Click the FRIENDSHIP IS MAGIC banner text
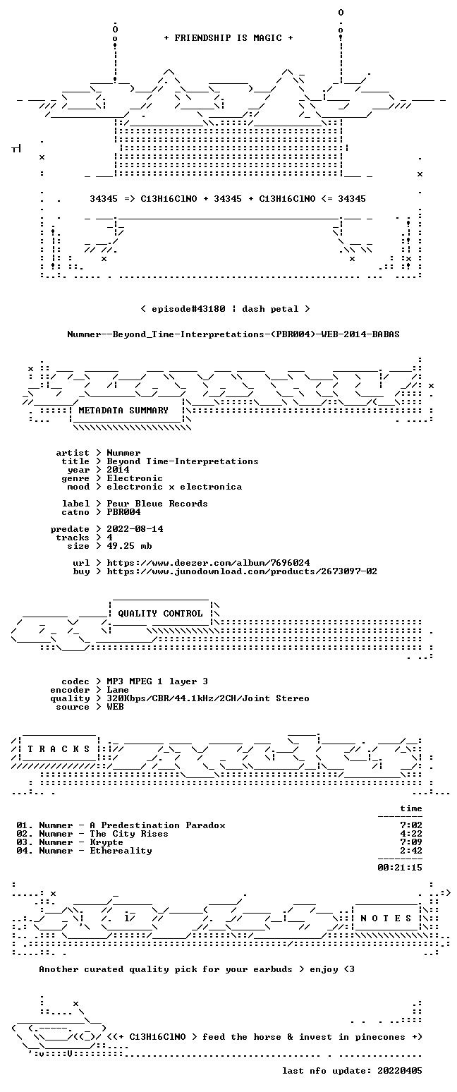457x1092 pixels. pos(228,38)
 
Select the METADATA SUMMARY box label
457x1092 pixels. pos(123,411)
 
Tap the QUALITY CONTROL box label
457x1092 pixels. pos(160,614)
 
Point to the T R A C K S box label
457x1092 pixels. pos(59,749)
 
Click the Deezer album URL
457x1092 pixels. pos(209,563)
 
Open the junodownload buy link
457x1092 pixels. pos(242,571)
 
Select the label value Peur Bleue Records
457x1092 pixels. pos(157,504)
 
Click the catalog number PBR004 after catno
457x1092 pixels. pos(123,512)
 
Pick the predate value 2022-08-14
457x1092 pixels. pos(135,529)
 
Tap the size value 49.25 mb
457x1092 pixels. pos(129,546)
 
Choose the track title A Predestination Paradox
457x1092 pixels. pos(157,825)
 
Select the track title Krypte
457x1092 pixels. pos(106,842)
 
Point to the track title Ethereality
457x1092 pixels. pos(121,851)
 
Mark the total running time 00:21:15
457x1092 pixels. pos(400,868)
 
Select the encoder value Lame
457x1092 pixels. pos(118,691)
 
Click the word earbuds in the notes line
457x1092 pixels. pos(273,970)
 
